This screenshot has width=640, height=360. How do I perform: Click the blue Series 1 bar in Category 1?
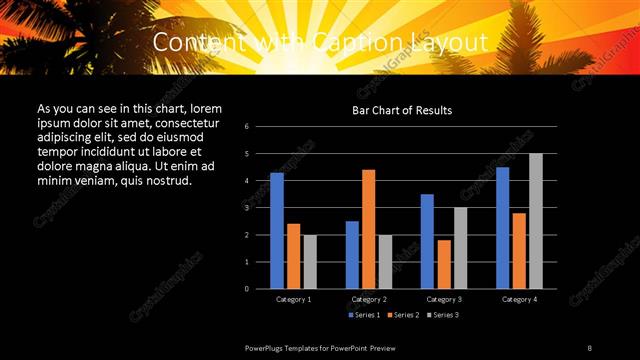point(277,230)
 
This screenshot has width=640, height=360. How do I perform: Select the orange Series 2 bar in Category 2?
point(368,228)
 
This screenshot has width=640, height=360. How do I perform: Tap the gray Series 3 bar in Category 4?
point(536,221)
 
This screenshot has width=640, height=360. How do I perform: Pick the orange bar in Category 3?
point(444,264)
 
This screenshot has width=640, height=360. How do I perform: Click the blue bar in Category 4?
point(502,227)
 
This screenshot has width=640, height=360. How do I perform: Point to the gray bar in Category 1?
point(310,261)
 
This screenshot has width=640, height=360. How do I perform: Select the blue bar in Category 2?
point(352,254)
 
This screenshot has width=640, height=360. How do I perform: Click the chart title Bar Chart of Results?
point(402,110)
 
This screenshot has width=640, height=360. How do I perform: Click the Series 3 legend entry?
point(444,314)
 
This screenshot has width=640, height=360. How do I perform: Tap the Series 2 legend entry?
point(404,314)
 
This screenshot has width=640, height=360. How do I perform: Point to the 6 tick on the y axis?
point(260,127)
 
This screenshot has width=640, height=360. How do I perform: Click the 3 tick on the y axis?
point(260,208)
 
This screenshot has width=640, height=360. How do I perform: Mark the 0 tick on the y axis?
point(260,289)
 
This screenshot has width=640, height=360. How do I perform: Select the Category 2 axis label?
point(369,299)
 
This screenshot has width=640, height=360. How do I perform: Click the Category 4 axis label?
point(519,299)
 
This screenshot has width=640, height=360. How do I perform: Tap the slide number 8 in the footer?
point(590,347)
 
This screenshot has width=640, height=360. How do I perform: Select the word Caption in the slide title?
point(295,42)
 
